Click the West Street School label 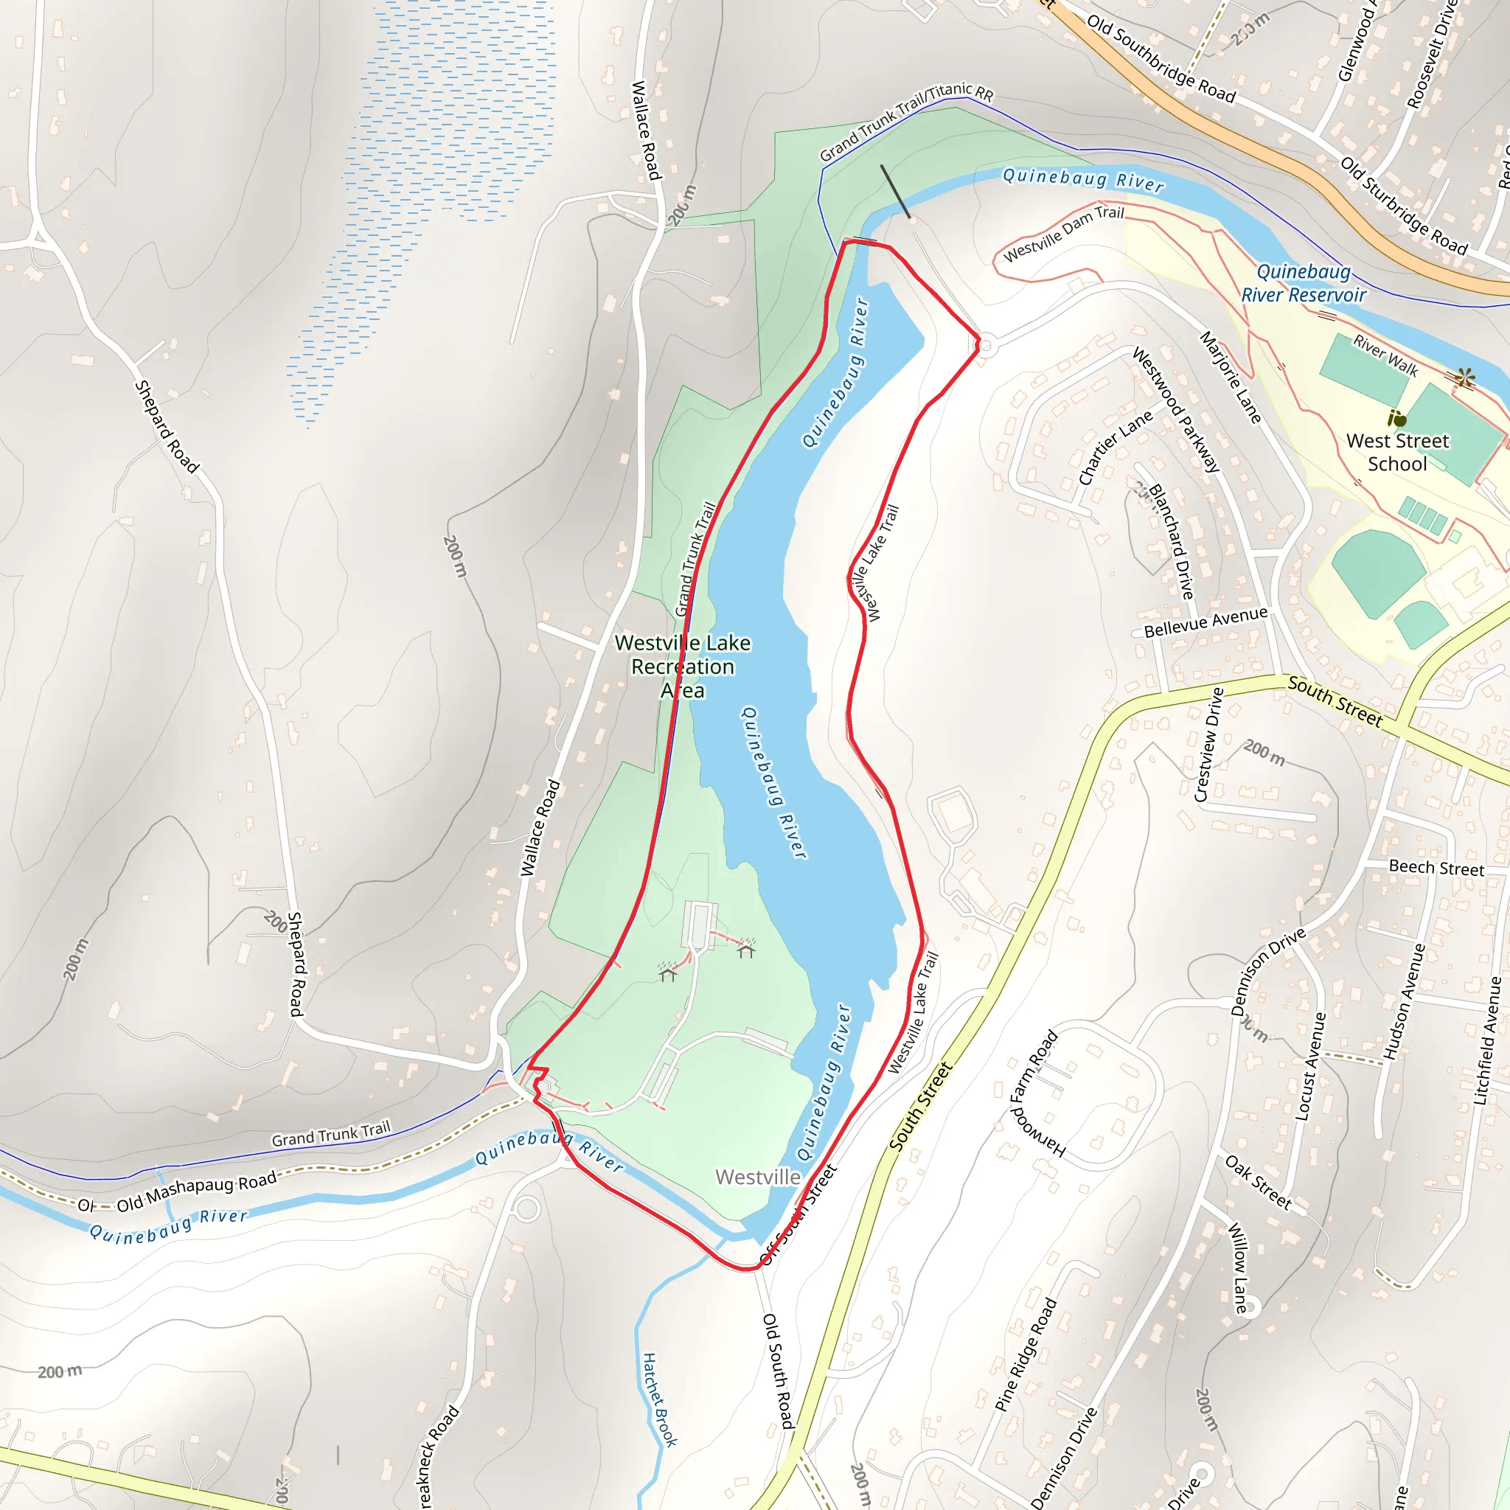(x=1396, y=453)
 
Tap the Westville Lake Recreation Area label (x=682, y=667)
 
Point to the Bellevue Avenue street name (x=1205, y=623)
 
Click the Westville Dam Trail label (x=1064, y=234)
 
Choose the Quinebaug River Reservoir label (x=1303, y=283)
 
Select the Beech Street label (x=1436, y=868)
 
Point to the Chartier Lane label (x=1116, y=448)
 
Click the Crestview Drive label (x=1208, y=745)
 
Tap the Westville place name (x=757, y=1177)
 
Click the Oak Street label (x=1258, y=1183)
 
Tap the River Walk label (x=1385, y=355)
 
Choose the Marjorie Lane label (x=1231, y=377)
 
